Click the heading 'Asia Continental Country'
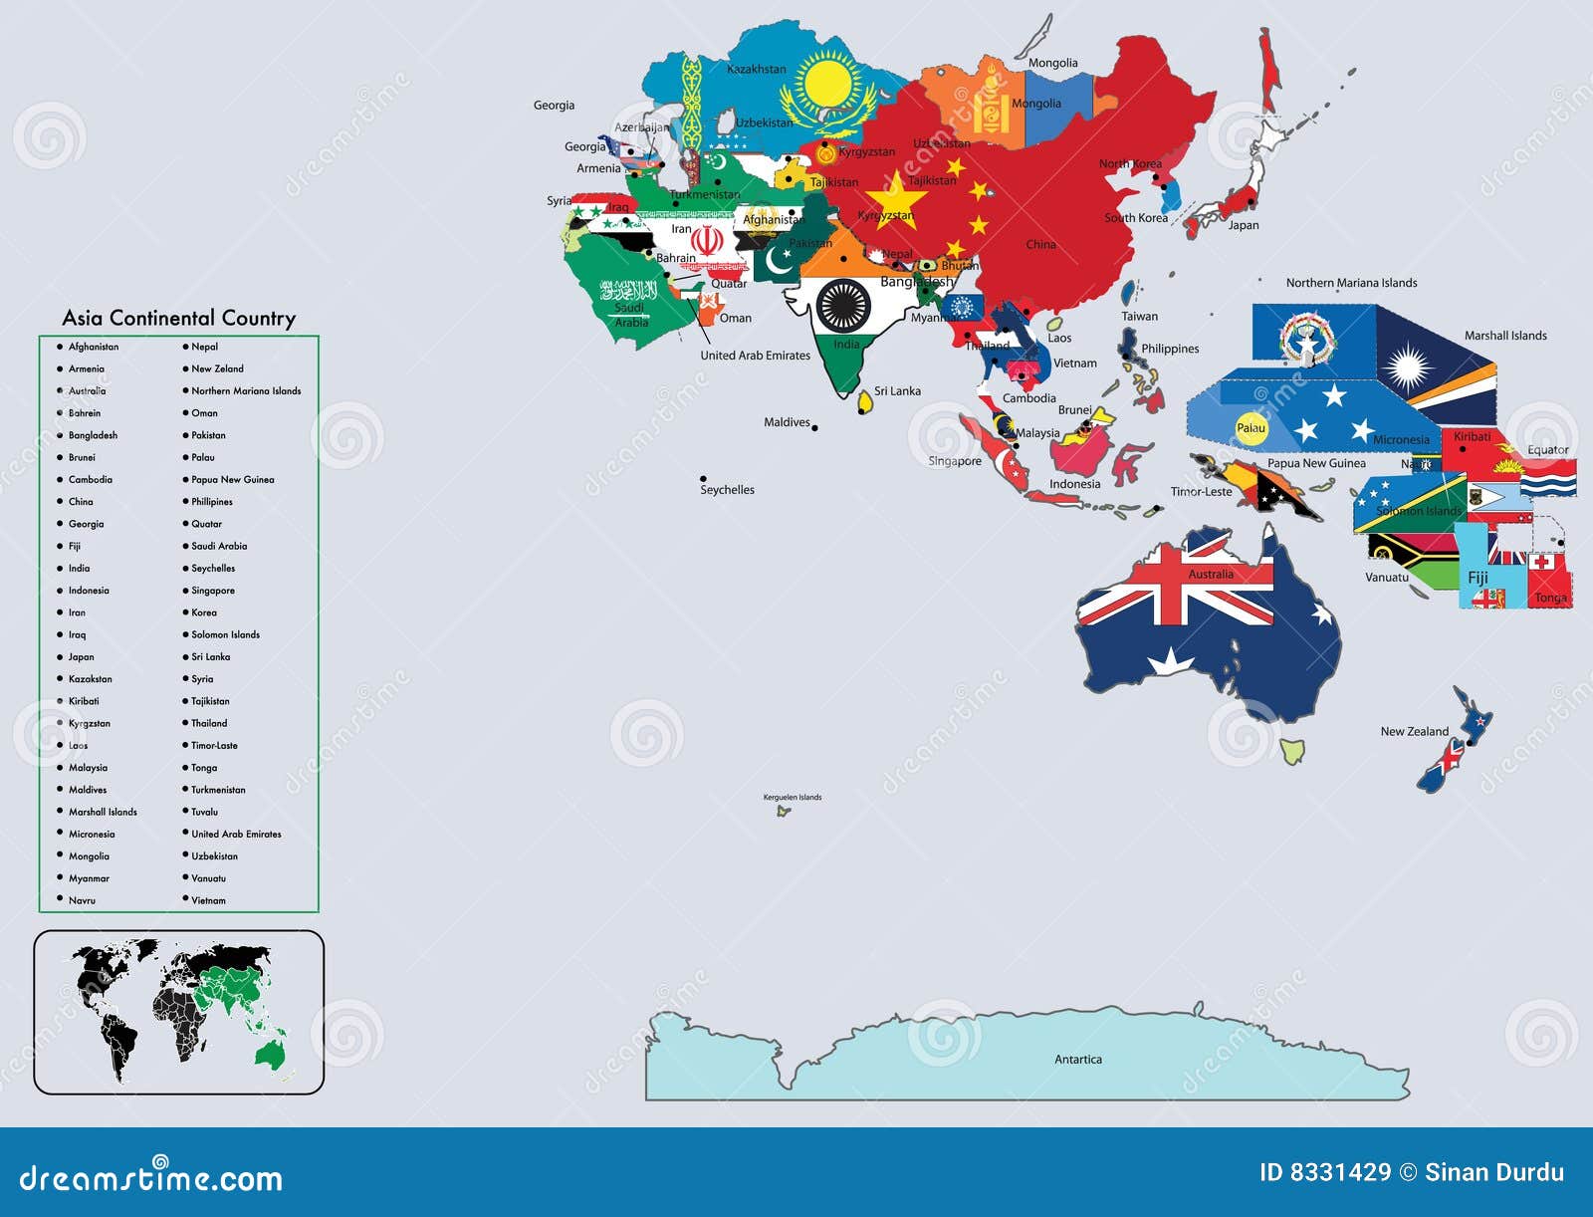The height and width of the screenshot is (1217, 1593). click(x=179, y=318)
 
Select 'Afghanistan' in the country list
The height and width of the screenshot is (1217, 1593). click(x=93, y=347)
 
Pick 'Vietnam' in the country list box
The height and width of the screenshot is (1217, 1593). click(x=208, y=900)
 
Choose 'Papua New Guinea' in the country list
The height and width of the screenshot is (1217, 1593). click(x=232, y=479)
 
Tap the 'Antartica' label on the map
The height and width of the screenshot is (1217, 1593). click(x=1078, y=1060)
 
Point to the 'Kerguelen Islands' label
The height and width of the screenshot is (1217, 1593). click(x=793, y=797)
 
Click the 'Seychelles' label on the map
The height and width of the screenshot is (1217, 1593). click(x=727, y=490)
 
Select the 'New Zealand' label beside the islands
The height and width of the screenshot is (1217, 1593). click(x=1414, y=731)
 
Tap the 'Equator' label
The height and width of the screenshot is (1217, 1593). click(x=1547, y=450)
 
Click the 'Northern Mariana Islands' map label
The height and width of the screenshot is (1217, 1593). click(x=1351, y=283)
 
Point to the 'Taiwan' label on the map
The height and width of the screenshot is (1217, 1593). click(x=1140, y=317)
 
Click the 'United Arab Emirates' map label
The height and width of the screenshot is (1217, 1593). click(x=755, y=356)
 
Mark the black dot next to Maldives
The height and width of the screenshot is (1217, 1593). click(x=815, y=428)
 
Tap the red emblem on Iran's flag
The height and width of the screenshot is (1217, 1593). click(x=707, y=241)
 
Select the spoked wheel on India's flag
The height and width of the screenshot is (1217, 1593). click(x=843, y=306)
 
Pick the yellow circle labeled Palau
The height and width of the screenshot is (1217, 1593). click(x=1251, y=428)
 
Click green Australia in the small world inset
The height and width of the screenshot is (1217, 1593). click(x=269, y=1053)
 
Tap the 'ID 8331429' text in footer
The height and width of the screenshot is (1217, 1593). click(x=1324, y=1172)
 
